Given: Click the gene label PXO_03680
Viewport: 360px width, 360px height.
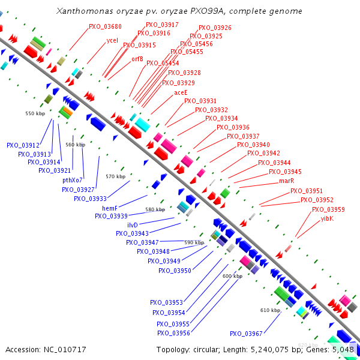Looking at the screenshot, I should tap(105, 27).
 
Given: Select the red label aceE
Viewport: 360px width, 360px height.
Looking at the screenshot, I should tap(181, 93).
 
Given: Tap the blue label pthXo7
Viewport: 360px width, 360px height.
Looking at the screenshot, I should tap(73, 180).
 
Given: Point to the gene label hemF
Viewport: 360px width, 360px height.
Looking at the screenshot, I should tap(109, 208).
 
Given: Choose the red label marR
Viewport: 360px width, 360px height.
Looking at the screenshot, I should tap(286, 181).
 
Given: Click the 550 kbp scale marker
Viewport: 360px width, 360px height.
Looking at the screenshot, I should tap(35, 113).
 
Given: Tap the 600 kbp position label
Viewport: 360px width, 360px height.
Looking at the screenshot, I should tap(232, 276).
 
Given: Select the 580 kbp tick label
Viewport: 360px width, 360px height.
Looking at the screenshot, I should tap(155, 210).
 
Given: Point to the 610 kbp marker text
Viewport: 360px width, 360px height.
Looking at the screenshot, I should tap(270, 310).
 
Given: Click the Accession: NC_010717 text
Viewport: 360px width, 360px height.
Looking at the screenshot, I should tap(37, 349).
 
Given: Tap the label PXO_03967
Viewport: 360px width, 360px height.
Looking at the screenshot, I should tap(246, 334).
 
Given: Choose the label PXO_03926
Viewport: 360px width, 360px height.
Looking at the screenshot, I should tap(215, 28).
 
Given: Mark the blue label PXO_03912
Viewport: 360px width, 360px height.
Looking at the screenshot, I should tap(23, 145).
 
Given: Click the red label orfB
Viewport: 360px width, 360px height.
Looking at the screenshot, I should tap(137, 59).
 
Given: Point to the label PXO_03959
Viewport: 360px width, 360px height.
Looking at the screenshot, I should tap(328, 209).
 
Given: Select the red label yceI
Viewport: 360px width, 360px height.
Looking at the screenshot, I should tap(112, 41).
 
